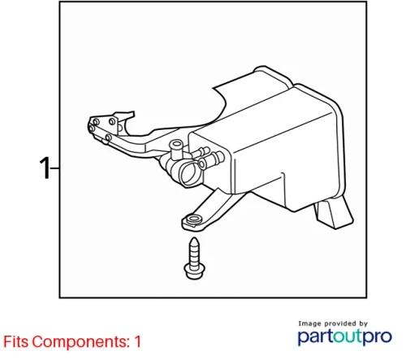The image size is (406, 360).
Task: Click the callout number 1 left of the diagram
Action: [45, 168]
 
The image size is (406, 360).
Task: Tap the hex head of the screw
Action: [194, 271]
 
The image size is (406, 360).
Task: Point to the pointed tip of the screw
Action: [194, 239]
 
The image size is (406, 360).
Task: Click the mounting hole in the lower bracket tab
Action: [194, 219]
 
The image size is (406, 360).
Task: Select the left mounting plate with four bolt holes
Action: [103, 128]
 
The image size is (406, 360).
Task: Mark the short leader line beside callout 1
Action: [54, 168]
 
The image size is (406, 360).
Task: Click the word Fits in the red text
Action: [16, 341]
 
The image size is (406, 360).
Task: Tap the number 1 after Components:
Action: [137, 341]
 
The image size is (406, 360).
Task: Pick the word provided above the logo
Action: [340, 323]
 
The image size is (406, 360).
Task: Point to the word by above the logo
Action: [363, 323]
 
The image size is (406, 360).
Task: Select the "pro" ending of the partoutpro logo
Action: [377, 337]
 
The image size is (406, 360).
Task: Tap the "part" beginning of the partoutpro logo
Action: [316, 337]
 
